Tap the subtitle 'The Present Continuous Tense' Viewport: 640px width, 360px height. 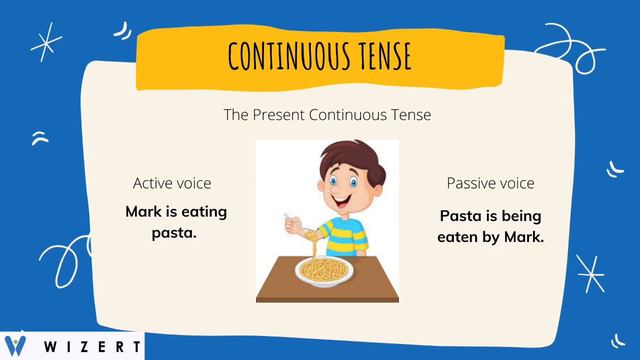[x=327, y=115]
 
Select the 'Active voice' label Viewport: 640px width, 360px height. [x=172, y=184]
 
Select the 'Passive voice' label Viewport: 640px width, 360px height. [x=490, y=184]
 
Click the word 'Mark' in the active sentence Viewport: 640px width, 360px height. [x=144, y=212]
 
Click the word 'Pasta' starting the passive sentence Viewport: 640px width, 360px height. [x=461, y=216]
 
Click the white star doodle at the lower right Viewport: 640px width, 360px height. [x=590, y=272]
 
